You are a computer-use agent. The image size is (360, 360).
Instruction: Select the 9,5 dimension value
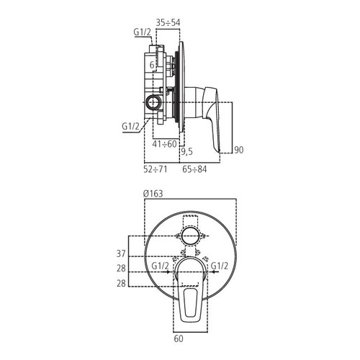(x=187, y=151)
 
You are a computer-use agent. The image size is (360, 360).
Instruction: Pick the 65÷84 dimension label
(x=192, y=170)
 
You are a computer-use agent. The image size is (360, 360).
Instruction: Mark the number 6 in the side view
(x=153, y=65)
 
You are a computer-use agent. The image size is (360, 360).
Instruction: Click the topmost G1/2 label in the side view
(x=142, y=32)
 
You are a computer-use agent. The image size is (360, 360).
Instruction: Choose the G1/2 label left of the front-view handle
(x=161, y=266)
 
